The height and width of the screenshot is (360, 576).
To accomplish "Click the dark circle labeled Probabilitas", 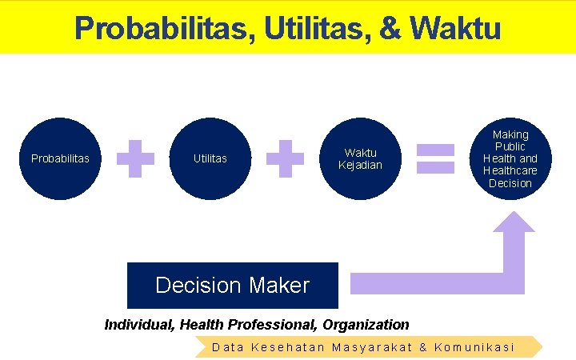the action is click(x=60, y=158).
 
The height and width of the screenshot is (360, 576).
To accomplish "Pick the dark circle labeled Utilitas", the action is click(x=210, y=158).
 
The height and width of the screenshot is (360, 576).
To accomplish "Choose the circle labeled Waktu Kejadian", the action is click(x=360, y=158).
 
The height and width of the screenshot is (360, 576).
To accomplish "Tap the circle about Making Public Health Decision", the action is click(x=510, y=158).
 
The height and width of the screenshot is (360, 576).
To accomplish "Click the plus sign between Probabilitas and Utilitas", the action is click(x=135, y=158).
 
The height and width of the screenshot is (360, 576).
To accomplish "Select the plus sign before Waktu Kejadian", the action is click(x=285, y=158).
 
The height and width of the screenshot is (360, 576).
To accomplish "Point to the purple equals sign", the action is click(x=436, y=158).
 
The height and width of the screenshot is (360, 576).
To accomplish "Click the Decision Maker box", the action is click(x=232, y=286).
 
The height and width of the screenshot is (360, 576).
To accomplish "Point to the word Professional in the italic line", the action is click(x=273, y=325).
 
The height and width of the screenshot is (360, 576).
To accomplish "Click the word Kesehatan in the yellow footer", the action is click(x=288, y=347).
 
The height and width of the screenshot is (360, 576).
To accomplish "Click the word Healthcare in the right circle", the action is click(x=510, y=171).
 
